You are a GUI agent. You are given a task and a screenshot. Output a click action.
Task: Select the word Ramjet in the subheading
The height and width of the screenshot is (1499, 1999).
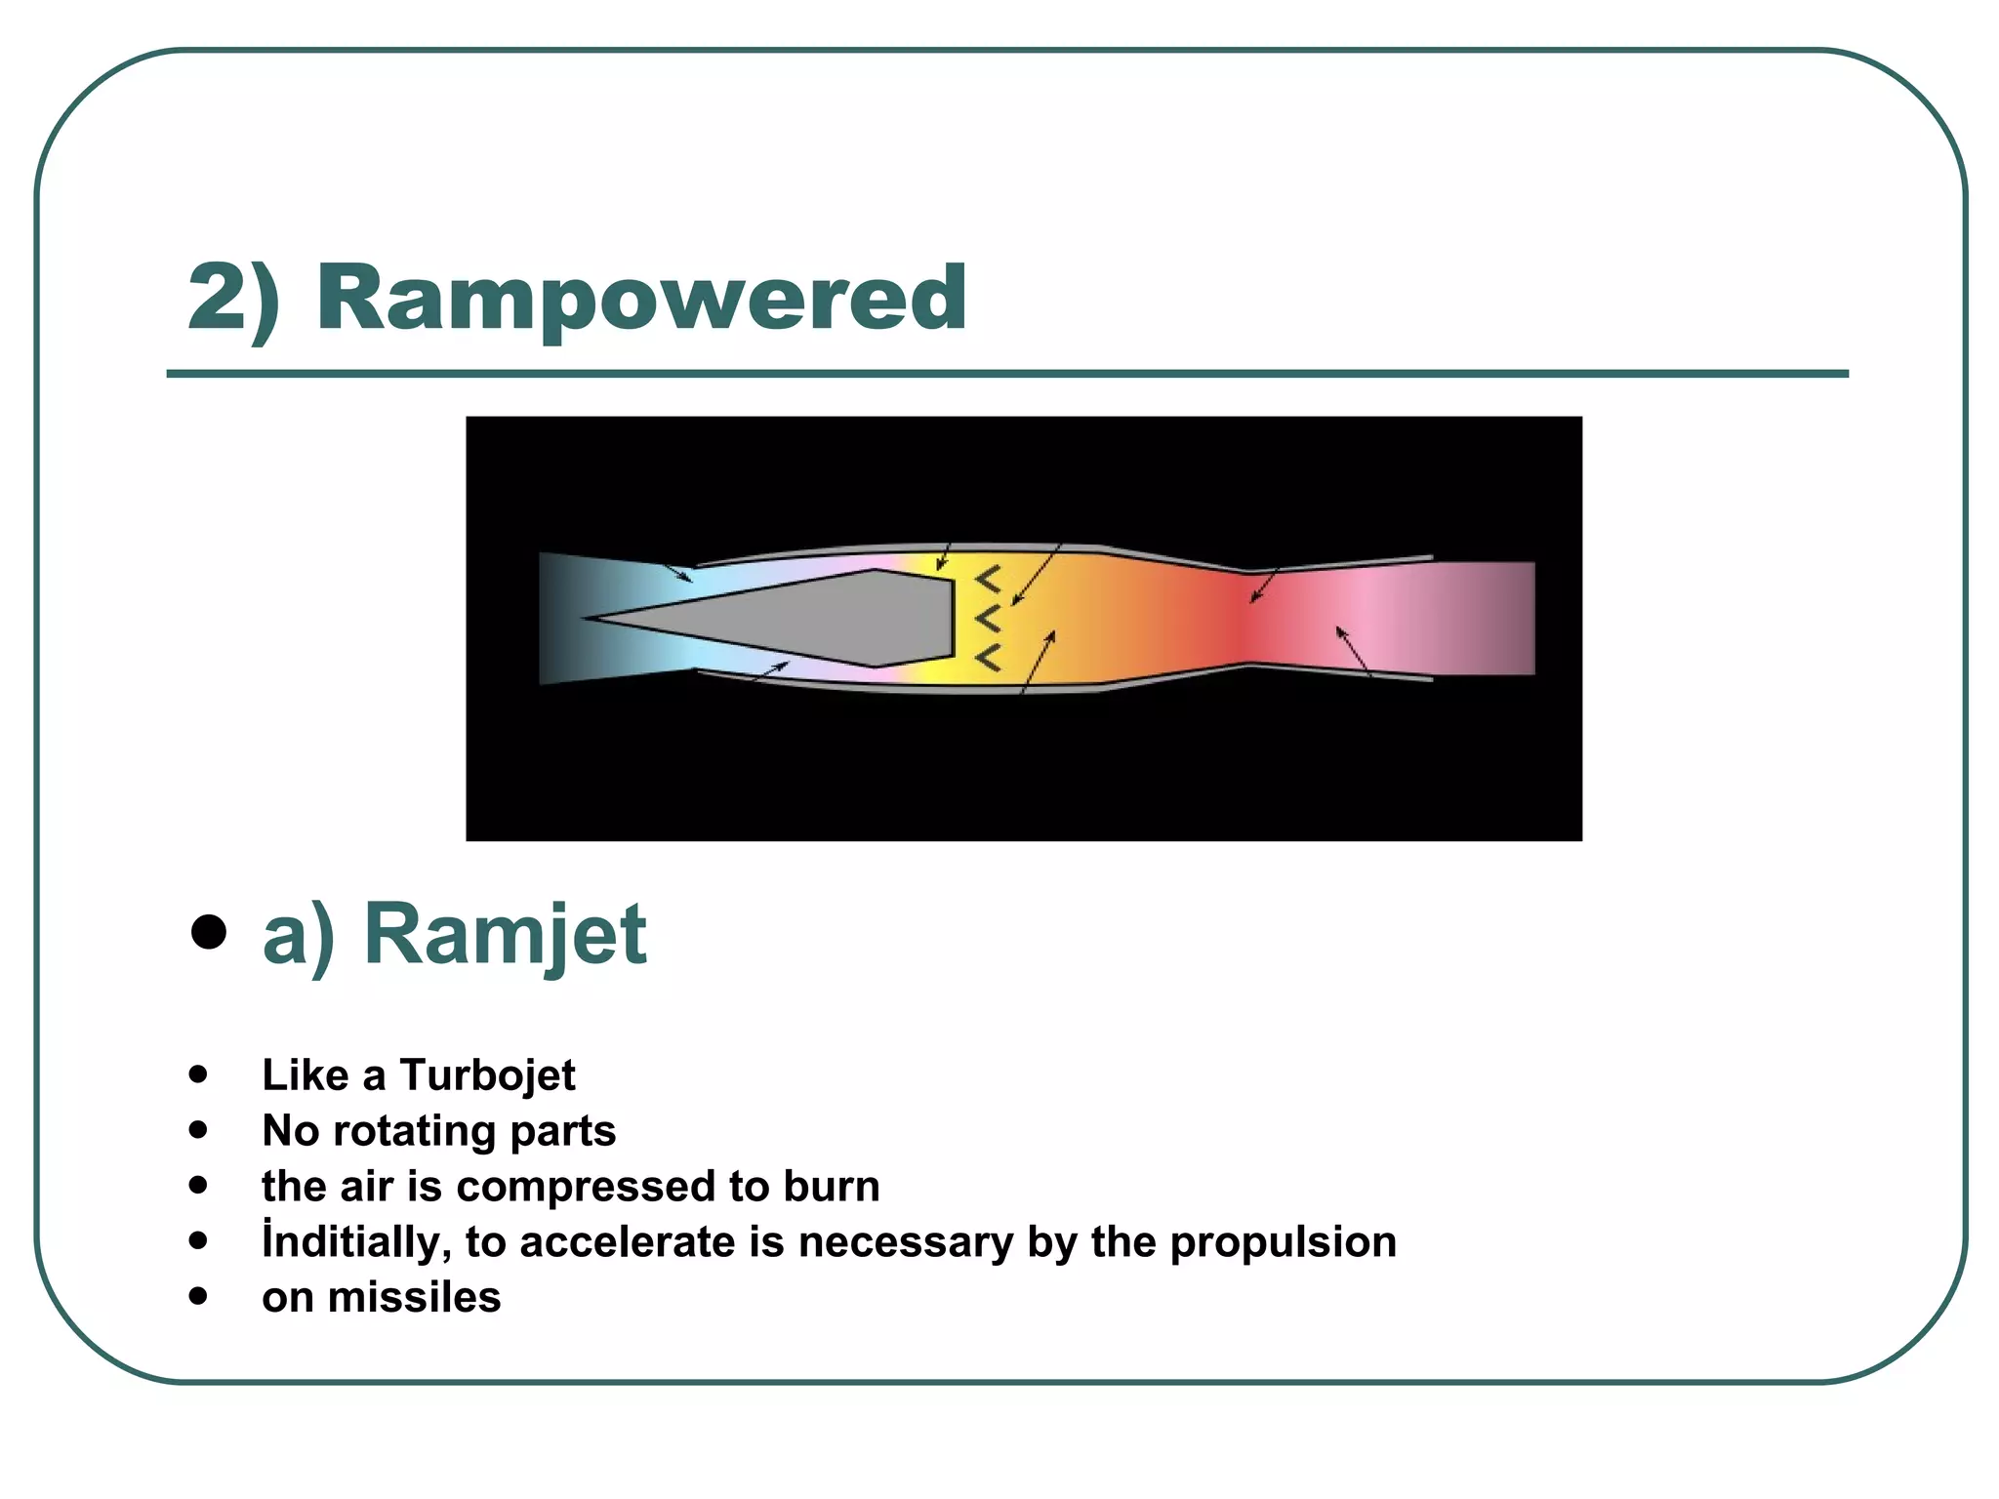505,935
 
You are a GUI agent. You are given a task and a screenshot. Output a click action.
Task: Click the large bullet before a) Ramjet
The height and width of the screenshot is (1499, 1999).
209,932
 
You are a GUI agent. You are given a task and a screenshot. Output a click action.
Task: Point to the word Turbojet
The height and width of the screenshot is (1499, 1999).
487,1075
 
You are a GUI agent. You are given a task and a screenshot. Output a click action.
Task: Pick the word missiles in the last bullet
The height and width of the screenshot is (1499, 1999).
414,1298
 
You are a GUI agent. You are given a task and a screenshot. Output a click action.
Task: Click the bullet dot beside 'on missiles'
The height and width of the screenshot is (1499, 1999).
199,1297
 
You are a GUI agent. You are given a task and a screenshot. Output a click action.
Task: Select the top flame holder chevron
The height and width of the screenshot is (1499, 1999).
988,580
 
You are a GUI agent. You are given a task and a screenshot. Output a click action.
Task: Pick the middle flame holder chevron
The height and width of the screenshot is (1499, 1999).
988,619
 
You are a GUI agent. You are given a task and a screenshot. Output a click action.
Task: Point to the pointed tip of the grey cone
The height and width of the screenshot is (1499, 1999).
589,618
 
